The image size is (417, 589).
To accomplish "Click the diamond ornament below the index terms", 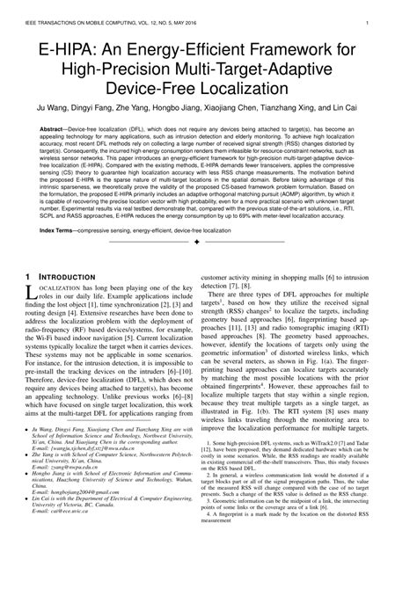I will click(x=208, y=266).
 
